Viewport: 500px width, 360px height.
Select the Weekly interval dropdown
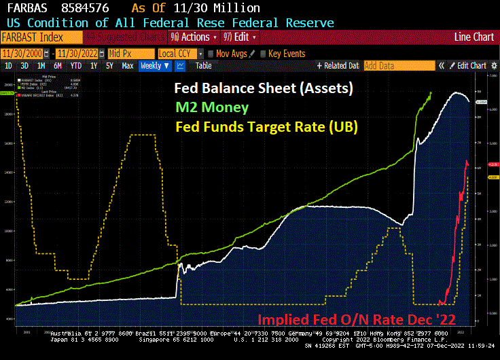coord(155,66)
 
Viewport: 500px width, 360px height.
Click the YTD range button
coord(76,66)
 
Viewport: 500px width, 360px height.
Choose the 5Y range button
coord(109,66)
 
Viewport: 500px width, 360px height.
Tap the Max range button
coord(127,66)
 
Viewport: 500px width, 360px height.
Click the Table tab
coord(204,66)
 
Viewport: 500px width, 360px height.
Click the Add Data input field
coord(398,66)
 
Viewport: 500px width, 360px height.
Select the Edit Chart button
coord(468,66)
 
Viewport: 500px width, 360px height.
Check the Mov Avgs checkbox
coord(211,53)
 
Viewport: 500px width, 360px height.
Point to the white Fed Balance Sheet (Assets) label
coord(263,88)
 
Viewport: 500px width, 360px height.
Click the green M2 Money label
coord(211,107)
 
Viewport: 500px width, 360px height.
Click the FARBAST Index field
coord(41,37)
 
